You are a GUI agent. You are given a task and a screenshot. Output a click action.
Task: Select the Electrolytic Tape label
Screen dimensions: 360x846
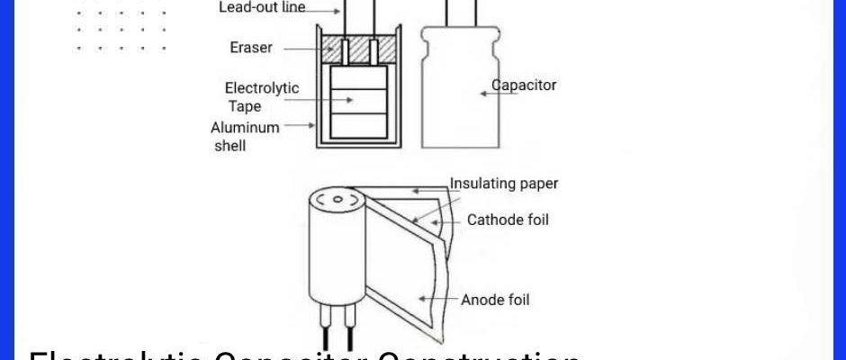click(x=262, y=96)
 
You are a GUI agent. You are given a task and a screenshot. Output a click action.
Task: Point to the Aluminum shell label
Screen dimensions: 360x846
click(x=244, y=136)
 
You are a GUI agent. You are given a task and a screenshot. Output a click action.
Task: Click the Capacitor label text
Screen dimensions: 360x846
click(x=524, y=85)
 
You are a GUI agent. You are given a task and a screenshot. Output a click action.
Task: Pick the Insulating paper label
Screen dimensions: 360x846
click(x=504, y=184)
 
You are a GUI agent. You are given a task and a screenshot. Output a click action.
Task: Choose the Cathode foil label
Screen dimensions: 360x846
click(x=508, y=220)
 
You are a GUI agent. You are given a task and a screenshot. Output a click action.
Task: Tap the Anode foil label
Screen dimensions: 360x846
click(x=495, y=300)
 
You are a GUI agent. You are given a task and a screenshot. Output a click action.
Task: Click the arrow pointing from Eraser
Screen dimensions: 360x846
click(x=294, y=48)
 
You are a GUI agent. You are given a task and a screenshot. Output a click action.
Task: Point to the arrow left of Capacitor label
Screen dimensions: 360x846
click(x=485, y=92)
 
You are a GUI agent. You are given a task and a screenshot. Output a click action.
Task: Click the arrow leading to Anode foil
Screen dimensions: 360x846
click(x=440, y=298)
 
